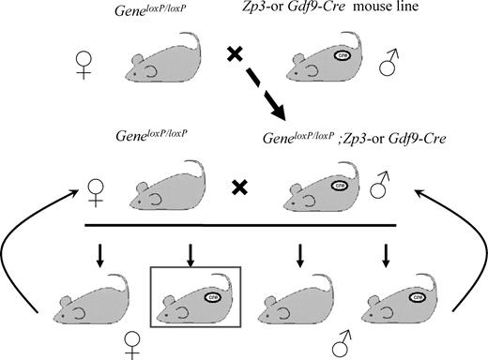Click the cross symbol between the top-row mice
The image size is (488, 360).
(235, 57)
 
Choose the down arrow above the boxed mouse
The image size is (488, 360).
(191, 255)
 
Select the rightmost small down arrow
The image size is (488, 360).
(387, 255)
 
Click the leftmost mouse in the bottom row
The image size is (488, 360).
(90, 305)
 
